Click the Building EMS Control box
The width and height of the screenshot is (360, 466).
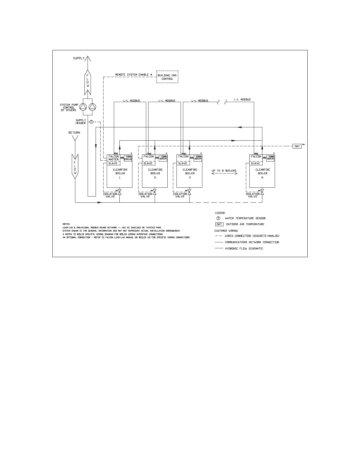(x=167, y=77)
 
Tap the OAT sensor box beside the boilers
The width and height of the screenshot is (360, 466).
(x=297, y=146)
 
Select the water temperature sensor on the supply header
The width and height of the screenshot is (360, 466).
(x=91, y=122)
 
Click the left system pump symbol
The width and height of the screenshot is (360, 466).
(x=84, y=106)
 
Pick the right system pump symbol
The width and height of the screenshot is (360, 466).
(x=92, y=106)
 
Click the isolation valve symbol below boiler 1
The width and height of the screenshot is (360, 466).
(x=119, y=192)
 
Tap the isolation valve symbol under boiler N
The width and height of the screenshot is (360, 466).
(x=262, y=192)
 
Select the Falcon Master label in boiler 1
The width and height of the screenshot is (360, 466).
(x=114, y=158)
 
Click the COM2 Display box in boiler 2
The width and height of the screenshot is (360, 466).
(x=163, y=158)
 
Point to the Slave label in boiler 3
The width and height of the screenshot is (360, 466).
(x=183, y=163)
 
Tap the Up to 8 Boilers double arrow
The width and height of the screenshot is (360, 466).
(x=224, y=174)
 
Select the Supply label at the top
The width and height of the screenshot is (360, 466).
(x=79, y=58)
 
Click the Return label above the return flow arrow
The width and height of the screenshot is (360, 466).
(x=74, y=133)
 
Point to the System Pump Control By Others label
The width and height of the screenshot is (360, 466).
(x=69, y=107)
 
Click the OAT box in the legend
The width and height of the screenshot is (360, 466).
(x=219, y=224)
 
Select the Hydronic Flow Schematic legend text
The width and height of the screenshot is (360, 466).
(x=244, y=249)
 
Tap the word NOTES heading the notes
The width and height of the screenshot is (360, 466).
(x=66, y=224)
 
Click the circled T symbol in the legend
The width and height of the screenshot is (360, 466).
(x=218, y=218)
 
